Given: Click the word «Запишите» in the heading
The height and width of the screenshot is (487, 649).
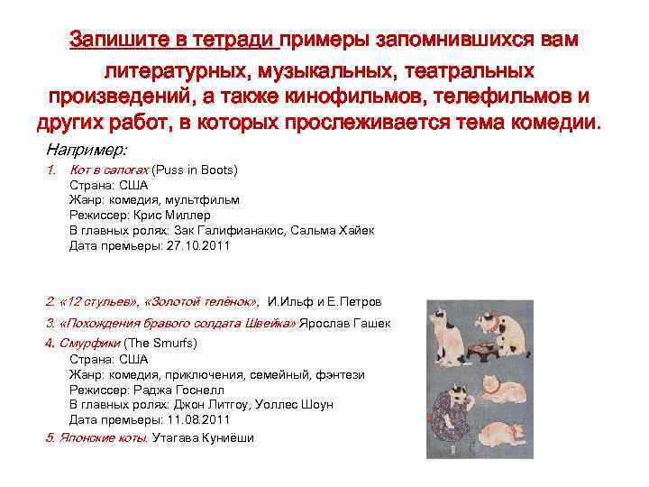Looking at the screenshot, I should tap(116, 41).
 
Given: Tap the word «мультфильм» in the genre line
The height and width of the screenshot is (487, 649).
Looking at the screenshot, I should tap(208, 199).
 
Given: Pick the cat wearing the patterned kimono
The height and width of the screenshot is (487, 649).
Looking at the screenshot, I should tap(449, 410).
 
